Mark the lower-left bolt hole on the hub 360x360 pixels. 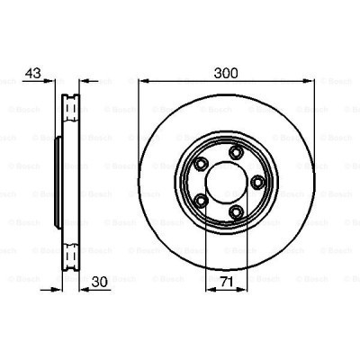tap(201, 199)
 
